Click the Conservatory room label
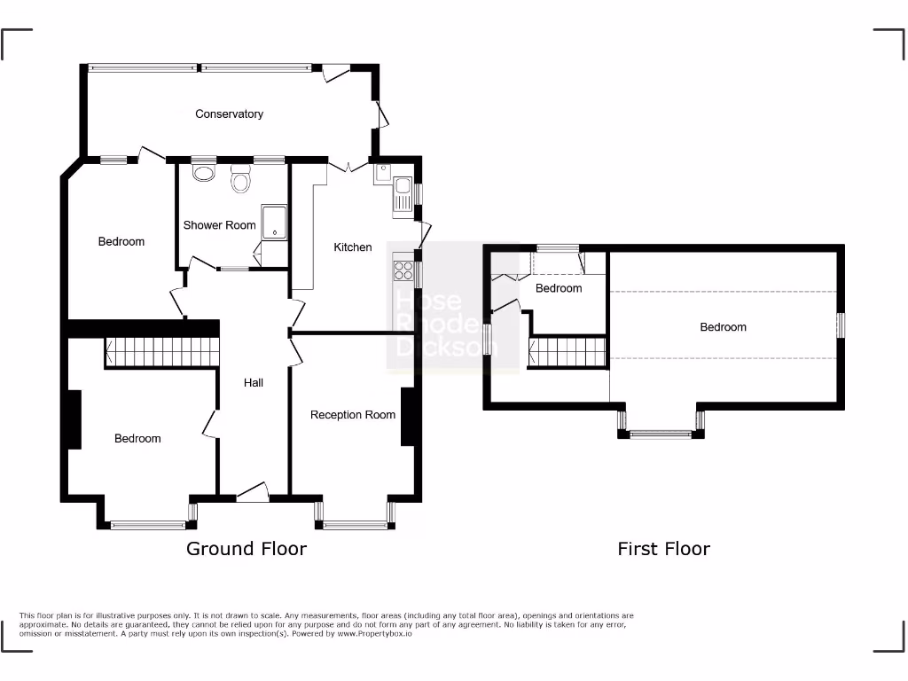(x=229, y=113)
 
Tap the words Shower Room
(x=219, y=225)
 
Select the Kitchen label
(x=352, y=247)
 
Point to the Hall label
(x=254, y=383)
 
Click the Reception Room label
(x=352, y=415)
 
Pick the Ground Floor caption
(x=246, y=549)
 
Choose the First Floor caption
(x=663, y=549)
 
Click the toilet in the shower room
(x=239, y=181)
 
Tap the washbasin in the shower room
(x=203, y=171)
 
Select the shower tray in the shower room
(x=275, y=221)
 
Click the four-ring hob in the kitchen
(x=403, y=270)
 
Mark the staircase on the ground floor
(x=161, y=352)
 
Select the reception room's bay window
(x=356, y=525)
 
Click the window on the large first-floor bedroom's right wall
(x=841, y=325)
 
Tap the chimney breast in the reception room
(x=408, y=416)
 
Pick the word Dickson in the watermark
(x=442, y=348)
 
